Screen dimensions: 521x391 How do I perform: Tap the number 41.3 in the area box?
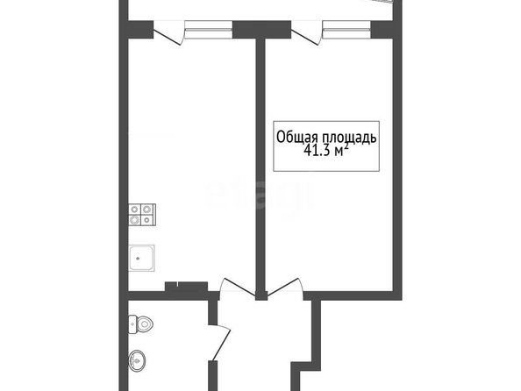(317, 151)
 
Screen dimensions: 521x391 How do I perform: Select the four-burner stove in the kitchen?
(142, 215)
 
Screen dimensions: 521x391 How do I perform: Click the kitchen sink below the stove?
(141, 258)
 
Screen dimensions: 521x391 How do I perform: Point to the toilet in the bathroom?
(140, 324)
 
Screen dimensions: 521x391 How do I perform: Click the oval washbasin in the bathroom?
(137, 360)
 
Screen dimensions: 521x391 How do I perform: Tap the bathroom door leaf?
(221, 344)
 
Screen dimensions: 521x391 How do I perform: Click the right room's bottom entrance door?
(283, 287)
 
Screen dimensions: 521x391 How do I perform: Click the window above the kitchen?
(209, 29)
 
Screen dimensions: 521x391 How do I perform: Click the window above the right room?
(346, 29)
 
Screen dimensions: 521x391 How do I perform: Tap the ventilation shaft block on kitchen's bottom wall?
(187, 287)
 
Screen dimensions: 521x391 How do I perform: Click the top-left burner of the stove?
(135, 210)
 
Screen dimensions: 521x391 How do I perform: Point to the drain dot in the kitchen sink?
(138, 259)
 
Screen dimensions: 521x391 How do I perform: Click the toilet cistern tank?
(132, 324)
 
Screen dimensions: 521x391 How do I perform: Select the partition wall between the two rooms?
(260, 166)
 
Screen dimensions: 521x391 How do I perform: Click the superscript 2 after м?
(346, 146)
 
